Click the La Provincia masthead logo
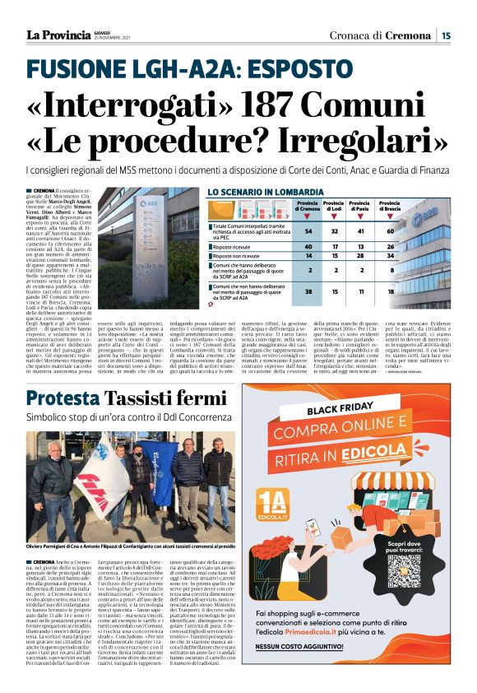pos(58,35)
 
